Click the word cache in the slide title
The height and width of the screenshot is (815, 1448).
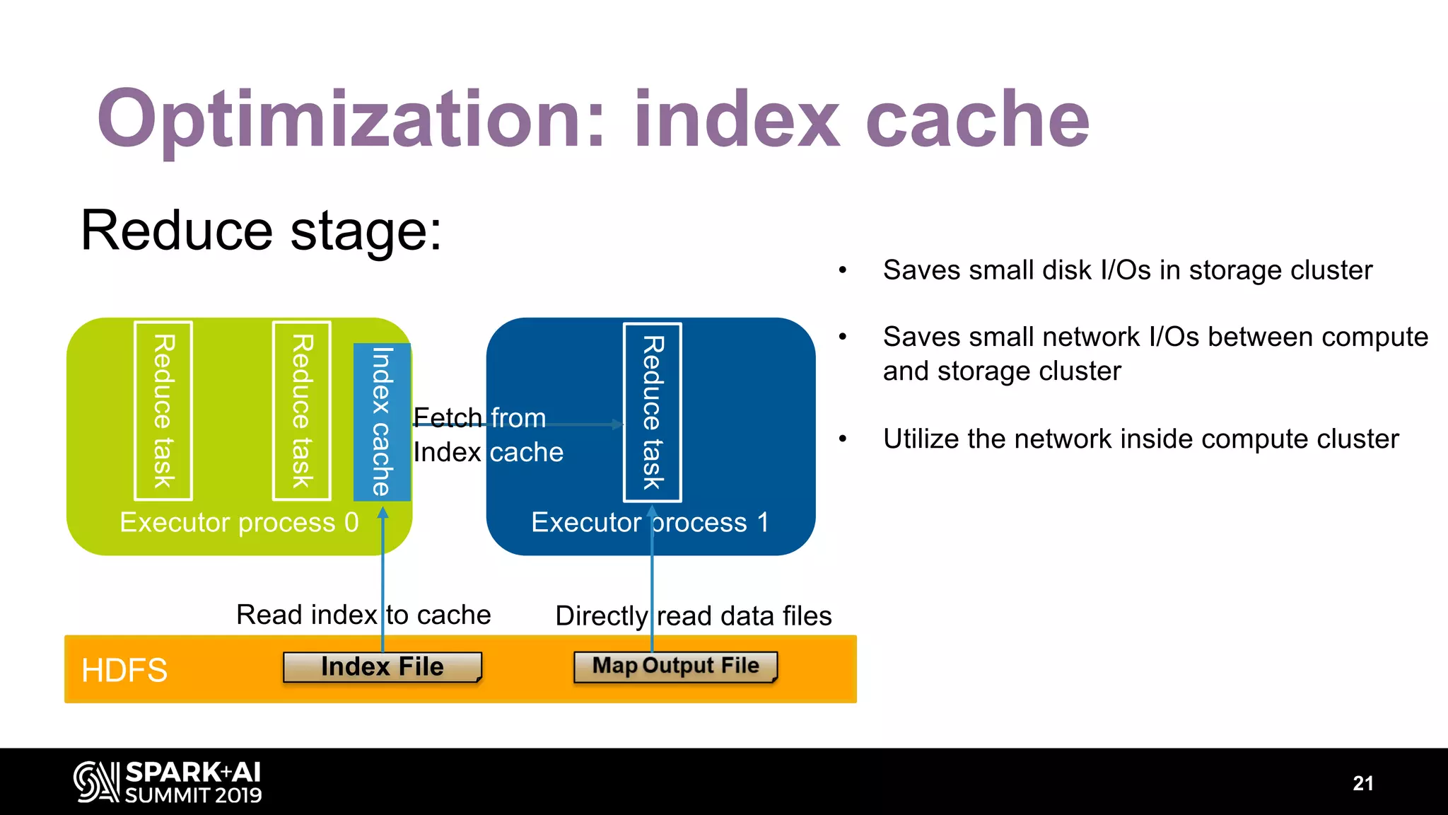[x=977, y=120]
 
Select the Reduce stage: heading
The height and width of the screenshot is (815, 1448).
[x=261, y=231]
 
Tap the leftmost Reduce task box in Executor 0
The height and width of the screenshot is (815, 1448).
[x=163, y=411]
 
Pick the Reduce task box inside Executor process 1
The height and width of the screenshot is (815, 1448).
[x=652, y=412]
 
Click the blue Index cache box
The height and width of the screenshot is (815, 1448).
[x=382, y=422]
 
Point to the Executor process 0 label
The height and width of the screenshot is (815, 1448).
[x=239, y=523]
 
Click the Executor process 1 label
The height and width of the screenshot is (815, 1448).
[x=649, y=523]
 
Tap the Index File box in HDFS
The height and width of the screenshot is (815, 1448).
[x=382, y=667]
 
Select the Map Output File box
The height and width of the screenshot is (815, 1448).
[x=675, y=666]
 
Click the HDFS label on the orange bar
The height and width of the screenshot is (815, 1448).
[x=124, y=670]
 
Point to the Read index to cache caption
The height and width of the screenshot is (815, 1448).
[x=363, y=615]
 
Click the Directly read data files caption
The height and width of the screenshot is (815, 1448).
[x=693, y=615]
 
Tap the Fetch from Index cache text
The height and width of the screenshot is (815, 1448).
[x=488, y=435]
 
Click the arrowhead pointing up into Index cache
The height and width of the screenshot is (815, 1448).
[x=383, y=513]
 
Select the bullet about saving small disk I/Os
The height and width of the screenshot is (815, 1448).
[x=1127, y=270]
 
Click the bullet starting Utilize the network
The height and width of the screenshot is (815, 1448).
[x=1140, y=439]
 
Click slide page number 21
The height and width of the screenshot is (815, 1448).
[x=1362, y=783]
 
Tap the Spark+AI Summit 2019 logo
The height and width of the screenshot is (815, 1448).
[x=168, y=782]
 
